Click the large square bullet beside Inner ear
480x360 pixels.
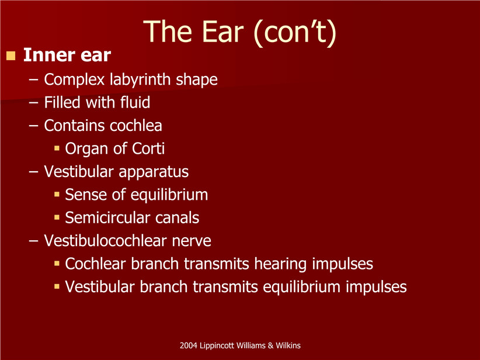click(11, 56)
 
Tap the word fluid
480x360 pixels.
click(135, 102)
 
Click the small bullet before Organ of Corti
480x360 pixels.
click(57, 148)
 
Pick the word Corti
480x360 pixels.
click(148, 148)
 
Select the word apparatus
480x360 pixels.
click(154, 172)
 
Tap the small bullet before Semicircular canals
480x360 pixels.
click(57, 217)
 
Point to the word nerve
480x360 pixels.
click(192, 241)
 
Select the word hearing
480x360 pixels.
click(280, 264)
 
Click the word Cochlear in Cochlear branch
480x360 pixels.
click(96, 264)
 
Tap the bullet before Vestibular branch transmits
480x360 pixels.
click(57, 287)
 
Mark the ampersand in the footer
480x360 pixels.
click(270, 345)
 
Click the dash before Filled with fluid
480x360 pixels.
click(34, 103)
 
